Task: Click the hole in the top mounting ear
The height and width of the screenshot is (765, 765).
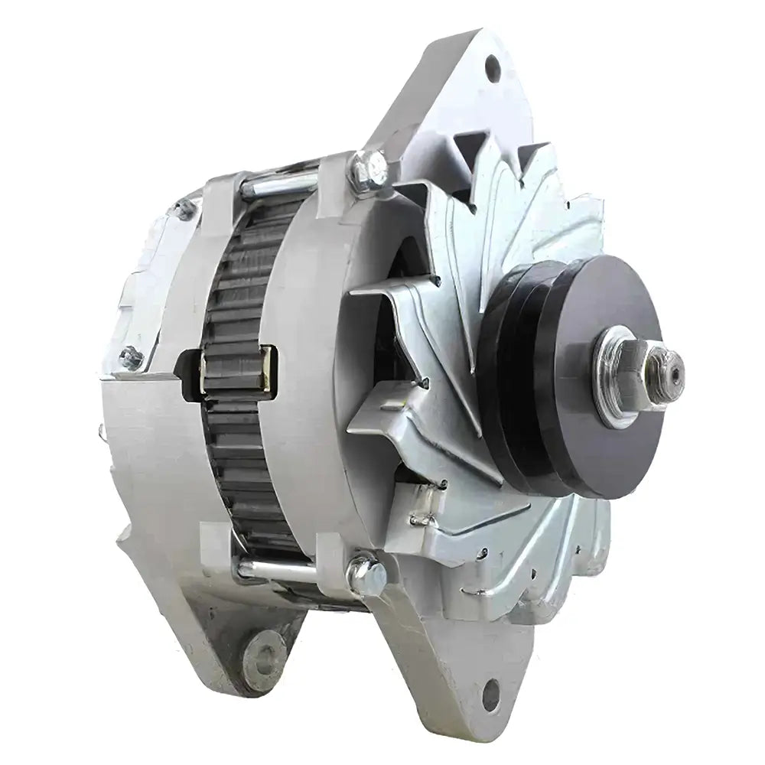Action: [492, 68]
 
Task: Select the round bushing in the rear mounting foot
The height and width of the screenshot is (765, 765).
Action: [264, 654]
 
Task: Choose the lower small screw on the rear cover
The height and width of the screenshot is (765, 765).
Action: [132, 356]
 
